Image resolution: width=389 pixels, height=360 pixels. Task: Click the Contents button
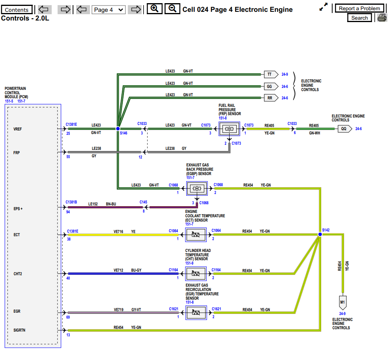17,10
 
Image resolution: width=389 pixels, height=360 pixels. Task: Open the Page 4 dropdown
108,10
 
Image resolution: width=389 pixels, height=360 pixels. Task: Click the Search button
359,18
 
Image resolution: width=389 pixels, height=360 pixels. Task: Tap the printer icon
382,18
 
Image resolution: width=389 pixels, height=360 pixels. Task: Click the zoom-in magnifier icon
155,9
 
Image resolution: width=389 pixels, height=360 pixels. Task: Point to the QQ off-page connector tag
345,129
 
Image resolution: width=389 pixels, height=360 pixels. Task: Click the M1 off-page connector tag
342,302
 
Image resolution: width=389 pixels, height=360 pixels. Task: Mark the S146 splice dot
118,129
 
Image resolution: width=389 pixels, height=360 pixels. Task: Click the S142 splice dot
320,234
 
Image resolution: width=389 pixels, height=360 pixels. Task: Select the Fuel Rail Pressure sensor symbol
229,129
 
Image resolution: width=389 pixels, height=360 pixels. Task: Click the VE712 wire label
119,270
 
